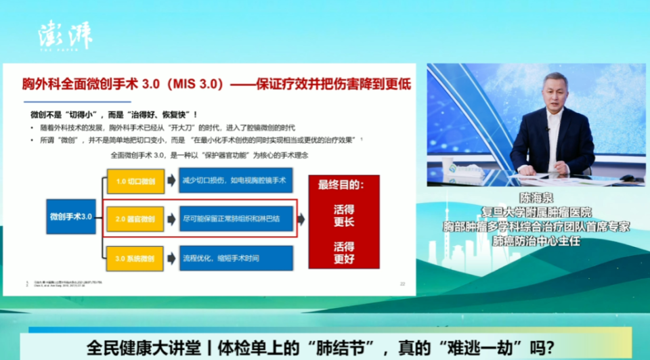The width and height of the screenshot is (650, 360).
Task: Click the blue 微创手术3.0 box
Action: point(71,217)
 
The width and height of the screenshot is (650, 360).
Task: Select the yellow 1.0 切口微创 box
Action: point(135,182)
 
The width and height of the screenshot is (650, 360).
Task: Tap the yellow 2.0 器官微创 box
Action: point(135,220)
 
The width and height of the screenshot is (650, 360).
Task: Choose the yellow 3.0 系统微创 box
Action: point(135,258)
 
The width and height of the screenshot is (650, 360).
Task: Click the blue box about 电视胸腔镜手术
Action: point(236,181)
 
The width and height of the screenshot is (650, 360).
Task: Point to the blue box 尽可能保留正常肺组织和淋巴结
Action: point(236,220)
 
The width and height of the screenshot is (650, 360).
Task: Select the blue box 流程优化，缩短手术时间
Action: point(236,258)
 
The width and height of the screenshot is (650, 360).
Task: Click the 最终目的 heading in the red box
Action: point(344,185)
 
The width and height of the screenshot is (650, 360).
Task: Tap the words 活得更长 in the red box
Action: point(344,215)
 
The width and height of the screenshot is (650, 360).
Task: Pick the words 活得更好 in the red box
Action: point(344,252)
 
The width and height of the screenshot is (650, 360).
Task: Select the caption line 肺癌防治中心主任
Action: point(536,241)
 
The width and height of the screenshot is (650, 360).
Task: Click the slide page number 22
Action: point(402,284)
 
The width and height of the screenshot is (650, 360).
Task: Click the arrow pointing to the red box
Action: point(301,220)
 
